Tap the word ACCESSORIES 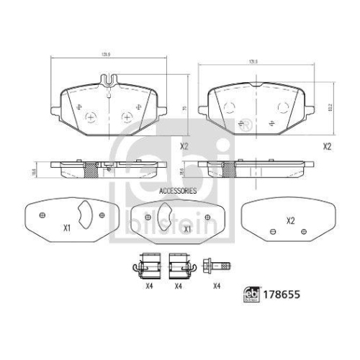click(177, 191)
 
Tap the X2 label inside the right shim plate click(291, 221)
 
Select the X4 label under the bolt click(217, 286)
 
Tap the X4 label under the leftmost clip click(149, 286)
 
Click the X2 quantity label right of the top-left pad click(184, 146)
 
